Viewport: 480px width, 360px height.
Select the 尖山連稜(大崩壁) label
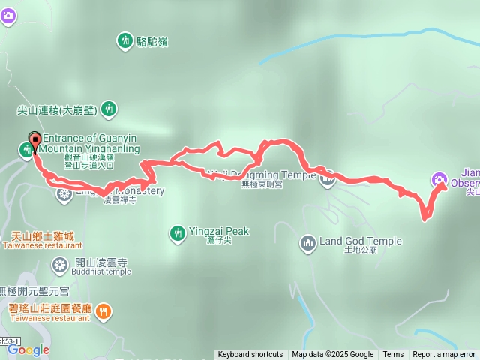[57, 109]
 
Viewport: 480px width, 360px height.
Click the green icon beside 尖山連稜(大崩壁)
[109, 109]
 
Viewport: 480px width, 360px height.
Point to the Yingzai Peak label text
[219, 232]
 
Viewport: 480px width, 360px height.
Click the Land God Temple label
[361, 241]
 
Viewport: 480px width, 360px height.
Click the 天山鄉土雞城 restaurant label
[38, 236]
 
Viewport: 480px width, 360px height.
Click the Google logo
[28, 349]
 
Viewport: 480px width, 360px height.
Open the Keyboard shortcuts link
[250, 355]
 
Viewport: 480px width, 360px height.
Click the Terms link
[393, 355]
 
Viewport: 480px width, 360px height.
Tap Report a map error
[444, 355]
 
